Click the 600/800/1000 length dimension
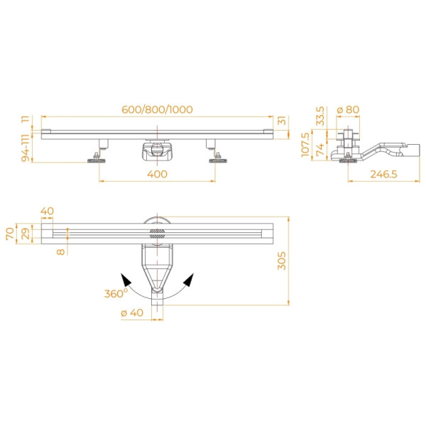pyautogui.click(x=157, y=109)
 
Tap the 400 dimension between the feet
pyautogui.click(x=157, y=174)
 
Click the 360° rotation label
pyautogui.click(x=116, y=293)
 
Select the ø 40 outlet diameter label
pyautogui.click(x=132, y=313)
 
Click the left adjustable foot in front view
pyautogui.click(x=97, y=157)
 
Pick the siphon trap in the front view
pyautogui.click(x=156, y=149)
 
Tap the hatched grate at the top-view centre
pyautogui.click(x=156, y=234)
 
